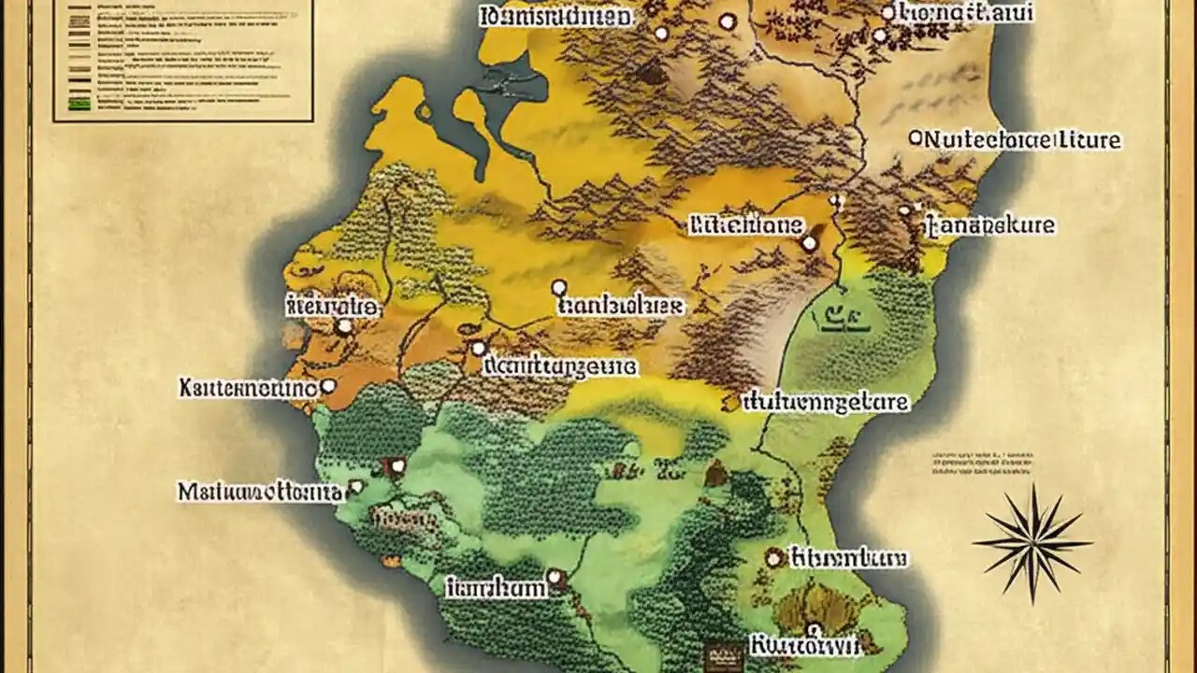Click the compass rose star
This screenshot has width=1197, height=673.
pyautogui.click(x=1031, y=543)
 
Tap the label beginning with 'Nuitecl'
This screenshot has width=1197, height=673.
pyautogui.click(x=1021, y=140)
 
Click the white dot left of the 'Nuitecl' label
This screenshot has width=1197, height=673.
pyautogui.click(x=916, y=138)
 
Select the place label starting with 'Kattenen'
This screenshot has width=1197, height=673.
pyautogui.click(x=246, y=386)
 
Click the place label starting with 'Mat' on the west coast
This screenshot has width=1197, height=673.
pyautogui.click(x=260, y=491)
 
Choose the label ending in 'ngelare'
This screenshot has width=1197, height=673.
pyautogui.click(x=825, y=402)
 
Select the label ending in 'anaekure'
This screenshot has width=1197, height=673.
pyautogui.click(x=989, y=225)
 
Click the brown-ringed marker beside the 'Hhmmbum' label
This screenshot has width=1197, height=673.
pyautogui.click(x=773, y=558)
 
